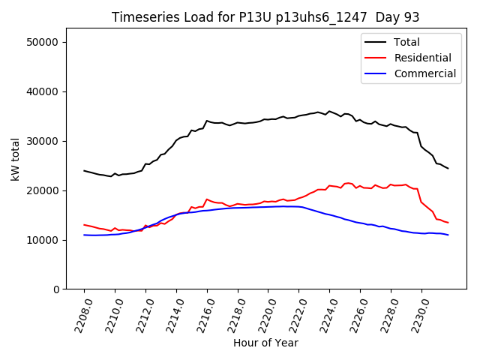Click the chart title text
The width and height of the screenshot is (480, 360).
click(265, 17)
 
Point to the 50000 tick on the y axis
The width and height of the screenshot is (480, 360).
click(43, 42)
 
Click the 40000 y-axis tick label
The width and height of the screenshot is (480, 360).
click(43, 91)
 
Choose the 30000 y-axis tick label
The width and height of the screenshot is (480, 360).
click(43, 141)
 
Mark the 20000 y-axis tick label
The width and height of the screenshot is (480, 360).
click(43, 190)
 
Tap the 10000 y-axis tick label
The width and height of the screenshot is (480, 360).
click(43, 240)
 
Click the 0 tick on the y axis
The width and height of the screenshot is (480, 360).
click(55, 289)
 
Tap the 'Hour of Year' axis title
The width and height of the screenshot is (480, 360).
click(265, 343)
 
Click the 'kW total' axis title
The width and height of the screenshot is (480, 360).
click(15, 159)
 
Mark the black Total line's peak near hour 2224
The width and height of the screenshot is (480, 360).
click(328, 111)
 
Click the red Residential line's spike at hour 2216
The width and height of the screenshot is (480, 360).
click(207, 199)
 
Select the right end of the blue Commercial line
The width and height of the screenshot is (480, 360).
click(448, 235)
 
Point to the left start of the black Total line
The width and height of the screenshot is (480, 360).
click(84, 171)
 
